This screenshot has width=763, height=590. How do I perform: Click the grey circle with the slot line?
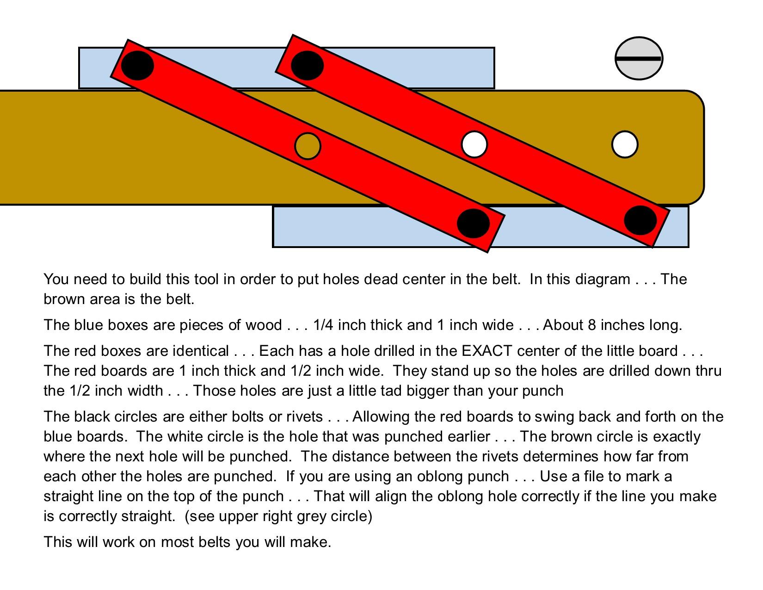(639, 58)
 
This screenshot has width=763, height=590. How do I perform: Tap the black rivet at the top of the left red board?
(137, 65)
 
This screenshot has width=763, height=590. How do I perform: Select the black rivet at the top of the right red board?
(307, 65)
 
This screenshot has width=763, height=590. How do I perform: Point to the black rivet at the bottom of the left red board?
(473, 223)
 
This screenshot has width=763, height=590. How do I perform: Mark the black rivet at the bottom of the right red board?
(640, 220)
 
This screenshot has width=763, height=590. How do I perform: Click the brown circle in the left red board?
(308, 146)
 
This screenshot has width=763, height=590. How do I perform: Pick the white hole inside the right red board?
(474, 144)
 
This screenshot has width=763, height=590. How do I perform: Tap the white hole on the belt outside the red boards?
(625, 144)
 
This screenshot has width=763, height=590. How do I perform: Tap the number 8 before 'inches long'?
(591, 325)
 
